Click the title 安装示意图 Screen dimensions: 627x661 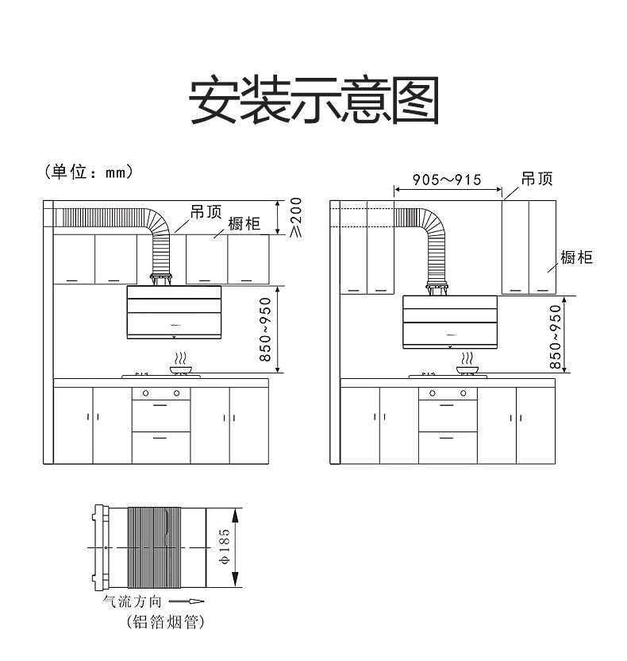(x=313, y=100)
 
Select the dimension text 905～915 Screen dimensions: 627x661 (x=448, y=180)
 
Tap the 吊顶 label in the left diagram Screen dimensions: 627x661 (x=206, y=212)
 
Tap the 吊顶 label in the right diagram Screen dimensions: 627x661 (x=537, y=179)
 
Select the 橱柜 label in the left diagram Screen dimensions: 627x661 (x=244, y=224)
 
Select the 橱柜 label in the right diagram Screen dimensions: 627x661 (x=576, y=257)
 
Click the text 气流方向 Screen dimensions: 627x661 (x=133, y=602)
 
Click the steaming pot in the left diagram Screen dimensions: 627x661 (x=182, y=366)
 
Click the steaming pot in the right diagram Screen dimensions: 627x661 (x=468, y=367)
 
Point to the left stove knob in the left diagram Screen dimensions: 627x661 (x=146, y=392)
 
